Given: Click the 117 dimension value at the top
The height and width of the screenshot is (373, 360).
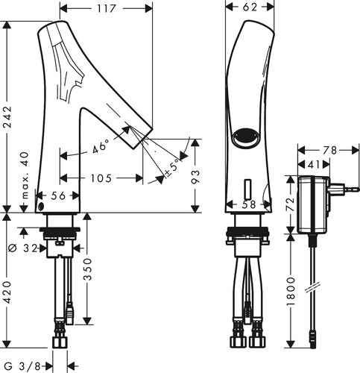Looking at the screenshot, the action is pyautogui.click(x=107, y=9).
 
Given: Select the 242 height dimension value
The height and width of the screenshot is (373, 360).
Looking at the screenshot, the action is pyautogui.click(x=7, y=117).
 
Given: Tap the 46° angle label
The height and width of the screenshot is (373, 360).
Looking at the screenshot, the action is pyautogui.click(x=101, y=146).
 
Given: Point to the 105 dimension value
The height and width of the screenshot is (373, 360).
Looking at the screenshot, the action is pyautogui.click(x=101, y=178).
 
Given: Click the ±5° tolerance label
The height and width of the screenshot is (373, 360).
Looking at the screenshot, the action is pyautogui.click(x=173, y=166).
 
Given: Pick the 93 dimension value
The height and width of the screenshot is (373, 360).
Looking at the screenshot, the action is pyautogui.click(x=195, y=177).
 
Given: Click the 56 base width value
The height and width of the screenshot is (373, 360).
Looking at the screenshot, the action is pyautogui.click(x=58, y=195).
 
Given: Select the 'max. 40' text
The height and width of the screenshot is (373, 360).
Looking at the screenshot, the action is pyautogui.click(x=25, y=175).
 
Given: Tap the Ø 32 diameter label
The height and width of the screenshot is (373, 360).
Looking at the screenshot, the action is pyautogui.click(x=23, y=248).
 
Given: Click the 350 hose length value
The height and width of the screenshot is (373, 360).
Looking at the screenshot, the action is pyautogui.click(x=87, y=269).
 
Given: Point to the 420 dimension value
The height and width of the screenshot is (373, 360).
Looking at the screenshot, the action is pyautogui.click(x=7, y=292).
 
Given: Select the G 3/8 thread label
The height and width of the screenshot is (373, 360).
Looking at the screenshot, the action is pyautogui.click(x=23, y=366).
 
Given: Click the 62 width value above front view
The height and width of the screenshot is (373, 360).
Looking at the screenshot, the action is pyautogui.click(x=250, y=7).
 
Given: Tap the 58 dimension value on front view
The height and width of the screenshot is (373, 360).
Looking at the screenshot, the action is pyautogui.click(x=249, y=204).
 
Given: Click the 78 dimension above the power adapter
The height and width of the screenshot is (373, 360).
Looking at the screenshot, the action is pyautogui.click(x=329, y=150).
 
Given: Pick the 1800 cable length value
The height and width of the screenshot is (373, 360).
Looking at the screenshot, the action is pyautogui.click(x=291, y=291).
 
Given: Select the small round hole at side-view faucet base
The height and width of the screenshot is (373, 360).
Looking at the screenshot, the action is pyautogui.click(x=41, y=206).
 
